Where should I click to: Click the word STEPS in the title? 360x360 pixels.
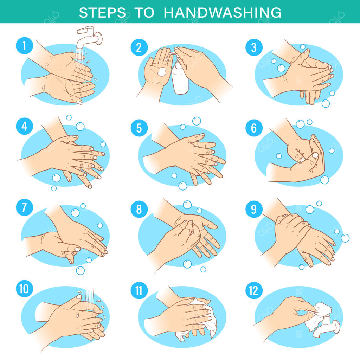(102, 12)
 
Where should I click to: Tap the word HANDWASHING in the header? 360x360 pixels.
(222, 12)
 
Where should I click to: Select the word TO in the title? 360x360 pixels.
(144, 12)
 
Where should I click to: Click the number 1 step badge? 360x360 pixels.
(24, 46)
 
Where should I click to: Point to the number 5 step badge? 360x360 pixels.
(139, 128)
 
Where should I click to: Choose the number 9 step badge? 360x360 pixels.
(254, 209)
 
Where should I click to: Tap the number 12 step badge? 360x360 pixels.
(254, 290)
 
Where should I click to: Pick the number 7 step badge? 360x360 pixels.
(24, 207)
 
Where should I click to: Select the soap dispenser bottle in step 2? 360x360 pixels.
(180, 76)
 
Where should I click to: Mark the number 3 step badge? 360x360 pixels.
(254, 47)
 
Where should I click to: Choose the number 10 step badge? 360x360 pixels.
(24, 289)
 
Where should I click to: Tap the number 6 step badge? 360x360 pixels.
(254, 128)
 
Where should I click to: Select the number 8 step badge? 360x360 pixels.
(139, 209)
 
